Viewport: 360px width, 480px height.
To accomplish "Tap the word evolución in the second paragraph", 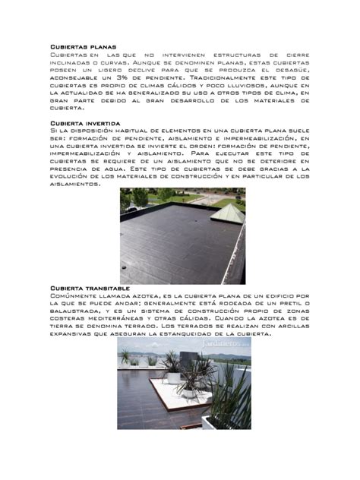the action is tap(74, 175).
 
